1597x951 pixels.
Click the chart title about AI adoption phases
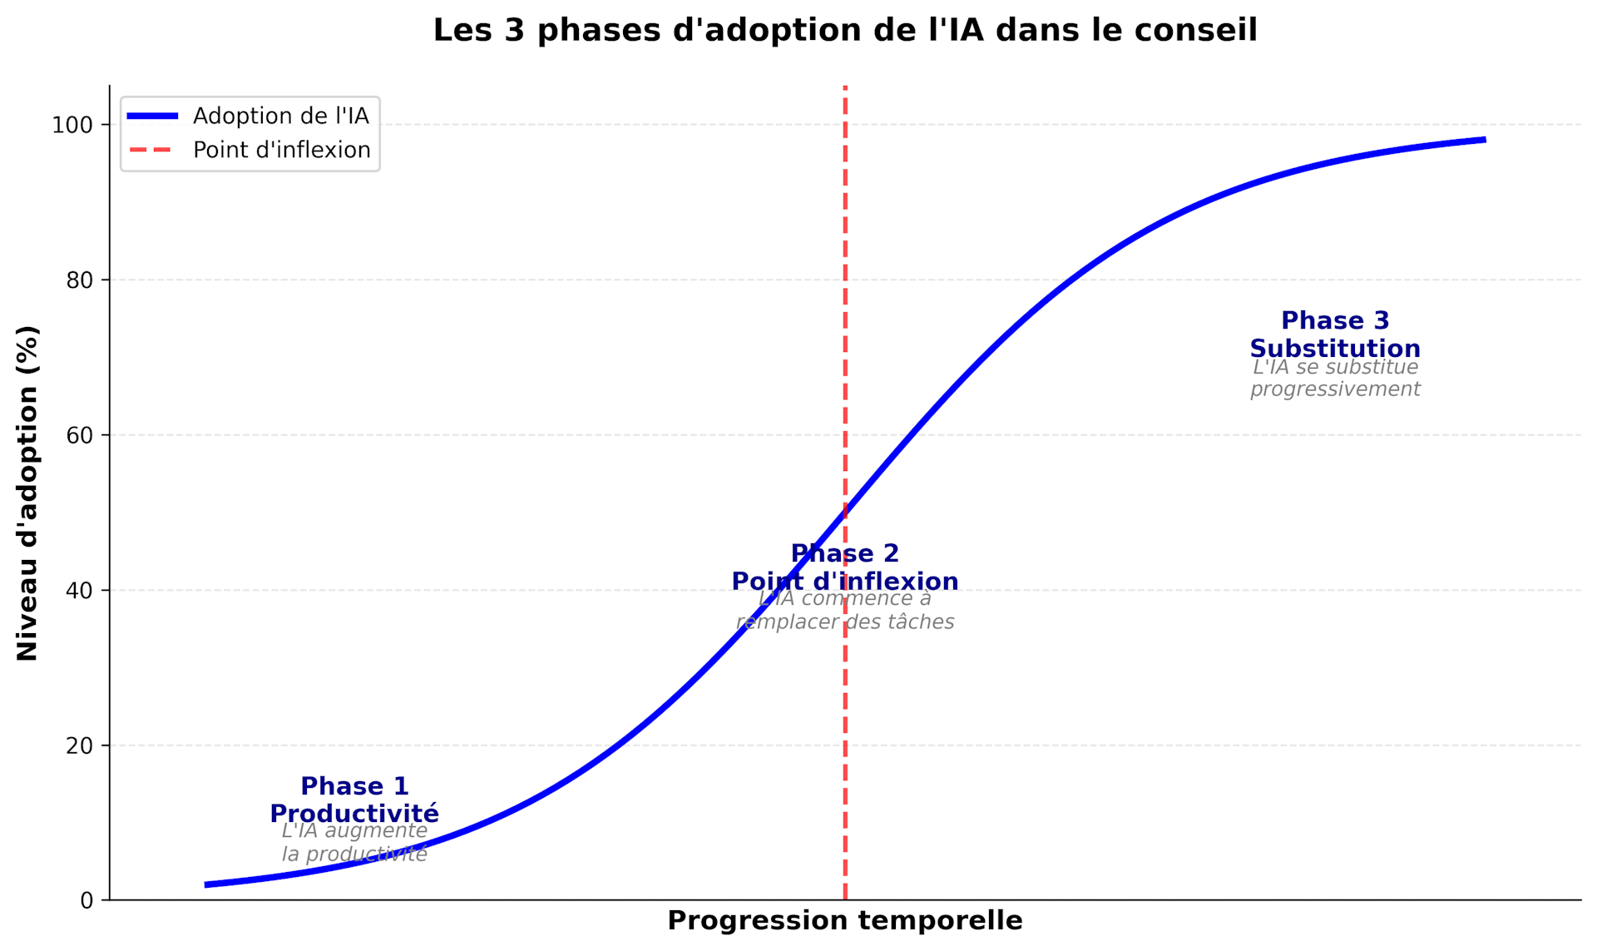[x=844, y=31]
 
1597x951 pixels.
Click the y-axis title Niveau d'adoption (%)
[x=27, y=493]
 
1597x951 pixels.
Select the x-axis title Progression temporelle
[x=844, y=920]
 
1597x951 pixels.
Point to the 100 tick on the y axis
[x=72, y=126]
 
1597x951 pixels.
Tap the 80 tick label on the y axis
[x=78, y=280]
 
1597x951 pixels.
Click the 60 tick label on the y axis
[x=78, y=435]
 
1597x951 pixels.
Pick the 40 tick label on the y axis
[x=78, y=591]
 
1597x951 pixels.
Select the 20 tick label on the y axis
[x=78, y=745]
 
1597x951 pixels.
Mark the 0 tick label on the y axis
[x=87, y=900]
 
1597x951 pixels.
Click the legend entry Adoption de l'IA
[x=280, y=116]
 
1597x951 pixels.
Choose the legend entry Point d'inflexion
[x=281, y=150]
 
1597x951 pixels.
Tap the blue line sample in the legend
[x=152, y=116]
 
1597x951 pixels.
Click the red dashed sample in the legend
[x=152, y=150]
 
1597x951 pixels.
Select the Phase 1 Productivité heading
[x=354, y=800]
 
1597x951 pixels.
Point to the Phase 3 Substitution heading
[x=1335, y=334]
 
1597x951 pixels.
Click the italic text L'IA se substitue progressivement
[x=1335, y=379]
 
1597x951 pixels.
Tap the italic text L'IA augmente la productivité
[x=354, y=843]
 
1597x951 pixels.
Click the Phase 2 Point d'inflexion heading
[x=844, y=567]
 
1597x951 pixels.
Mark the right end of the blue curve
[x=1484, y=140]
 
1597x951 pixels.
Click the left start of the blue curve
[x=206, y=884]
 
